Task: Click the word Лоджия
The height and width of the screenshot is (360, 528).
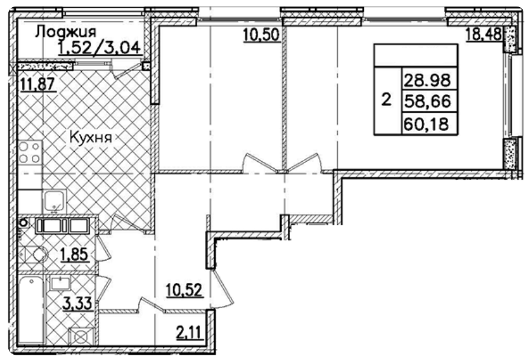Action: click(x=65, y=32)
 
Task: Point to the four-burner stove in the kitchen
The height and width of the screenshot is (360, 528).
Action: click(x=30, y=152)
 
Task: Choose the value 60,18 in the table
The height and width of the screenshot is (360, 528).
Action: click(x=427, y=124)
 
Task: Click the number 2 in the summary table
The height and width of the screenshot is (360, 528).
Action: click(x=386, y=101)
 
